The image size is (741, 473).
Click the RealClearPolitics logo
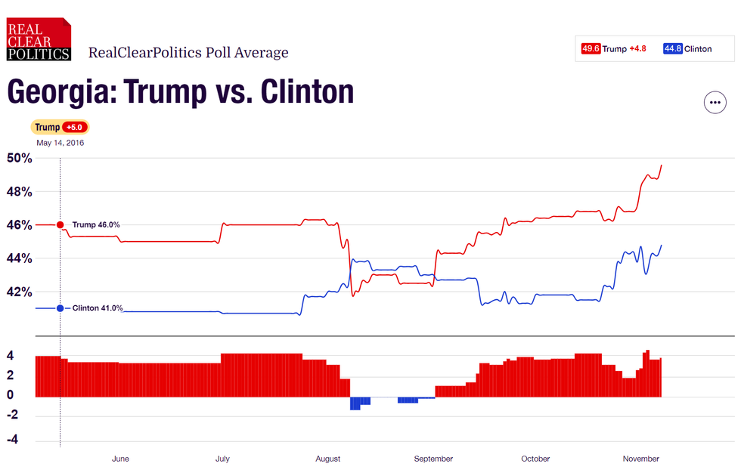point(39,39)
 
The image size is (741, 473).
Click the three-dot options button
point(715,102)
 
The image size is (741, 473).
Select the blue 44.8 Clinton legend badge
point(673,49)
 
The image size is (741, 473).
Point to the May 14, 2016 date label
point(60,143)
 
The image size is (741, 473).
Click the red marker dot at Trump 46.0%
point(60,224)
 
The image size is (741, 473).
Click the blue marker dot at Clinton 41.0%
point(60,308)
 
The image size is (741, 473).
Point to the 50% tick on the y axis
point(20,159)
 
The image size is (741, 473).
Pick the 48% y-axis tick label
point(20,192)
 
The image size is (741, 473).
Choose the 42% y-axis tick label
point(20,292)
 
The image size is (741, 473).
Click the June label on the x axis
point(120,459)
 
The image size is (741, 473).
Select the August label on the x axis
point(327,459)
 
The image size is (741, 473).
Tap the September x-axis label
point(433,459)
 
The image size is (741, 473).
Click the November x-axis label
point(640,459)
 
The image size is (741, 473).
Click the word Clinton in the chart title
point(307,92)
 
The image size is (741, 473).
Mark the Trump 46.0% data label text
point(96,224)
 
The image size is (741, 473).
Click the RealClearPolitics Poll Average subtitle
point(188,52)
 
